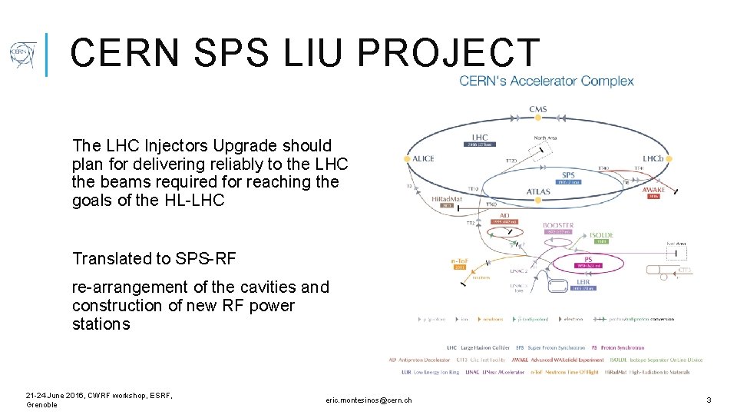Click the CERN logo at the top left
tap(22, 55)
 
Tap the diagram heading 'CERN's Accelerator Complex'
tap(547, 81)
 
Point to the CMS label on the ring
tap(538, 109)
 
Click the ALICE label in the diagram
tap(423, 159)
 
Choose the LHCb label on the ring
tap(654, 159)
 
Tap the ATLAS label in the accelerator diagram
tap(538, 191)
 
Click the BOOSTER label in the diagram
tap(558, 226)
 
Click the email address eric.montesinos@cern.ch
tap(368, 400)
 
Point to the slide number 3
tap(709, 400)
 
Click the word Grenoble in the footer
tap(42, 405)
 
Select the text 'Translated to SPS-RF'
tap(154, 259)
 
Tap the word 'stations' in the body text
tap(101, 324)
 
